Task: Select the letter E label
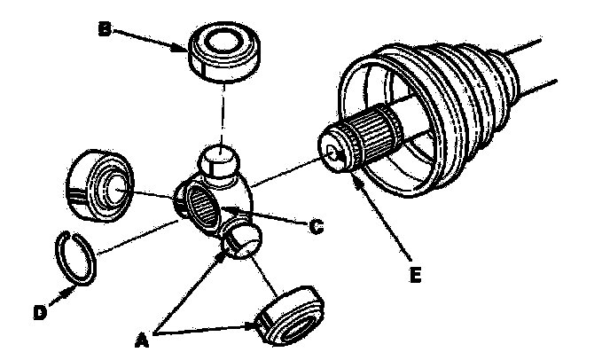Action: pyautogui.click(x=414, y=276)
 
